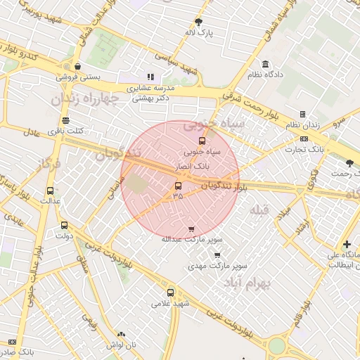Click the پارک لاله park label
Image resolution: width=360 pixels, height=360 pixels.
coord(199,32)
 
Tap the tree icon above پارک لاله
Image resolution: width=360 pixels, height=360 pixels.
coord(199,22)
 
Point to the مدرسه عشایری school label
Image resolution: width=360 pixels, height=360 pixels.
coord(149,89)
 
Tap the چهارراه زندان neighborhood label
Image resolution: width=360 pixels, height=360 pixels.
coord(82,99)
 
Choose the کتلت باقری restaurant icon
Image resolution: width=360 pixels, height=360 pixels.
coord(65,120)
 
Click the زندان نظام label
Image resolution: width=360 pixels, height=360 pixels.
coord(303,124)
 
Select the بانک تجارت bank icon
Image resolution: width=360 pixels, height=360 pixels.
coord(304,139)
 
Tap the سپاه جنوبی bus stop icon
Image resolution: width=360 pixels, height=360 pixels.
coord(202,141)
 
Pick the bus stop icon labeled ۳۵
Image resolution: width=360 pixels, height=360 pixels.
coord(177,186)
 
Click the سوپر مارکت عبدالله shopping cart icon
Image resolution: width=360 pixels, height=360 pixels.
coord(191,229)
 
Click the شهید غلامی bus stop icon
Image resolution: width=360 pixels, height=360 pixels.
coord(170,292)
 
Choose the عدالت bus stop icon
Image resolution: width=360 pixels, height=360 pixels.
coord(50,191)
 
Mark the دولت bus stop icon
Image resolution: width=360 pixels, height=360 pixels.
coord(65,226)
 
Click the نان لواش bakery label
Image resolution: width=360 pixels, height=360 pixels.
coord(122,345)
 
